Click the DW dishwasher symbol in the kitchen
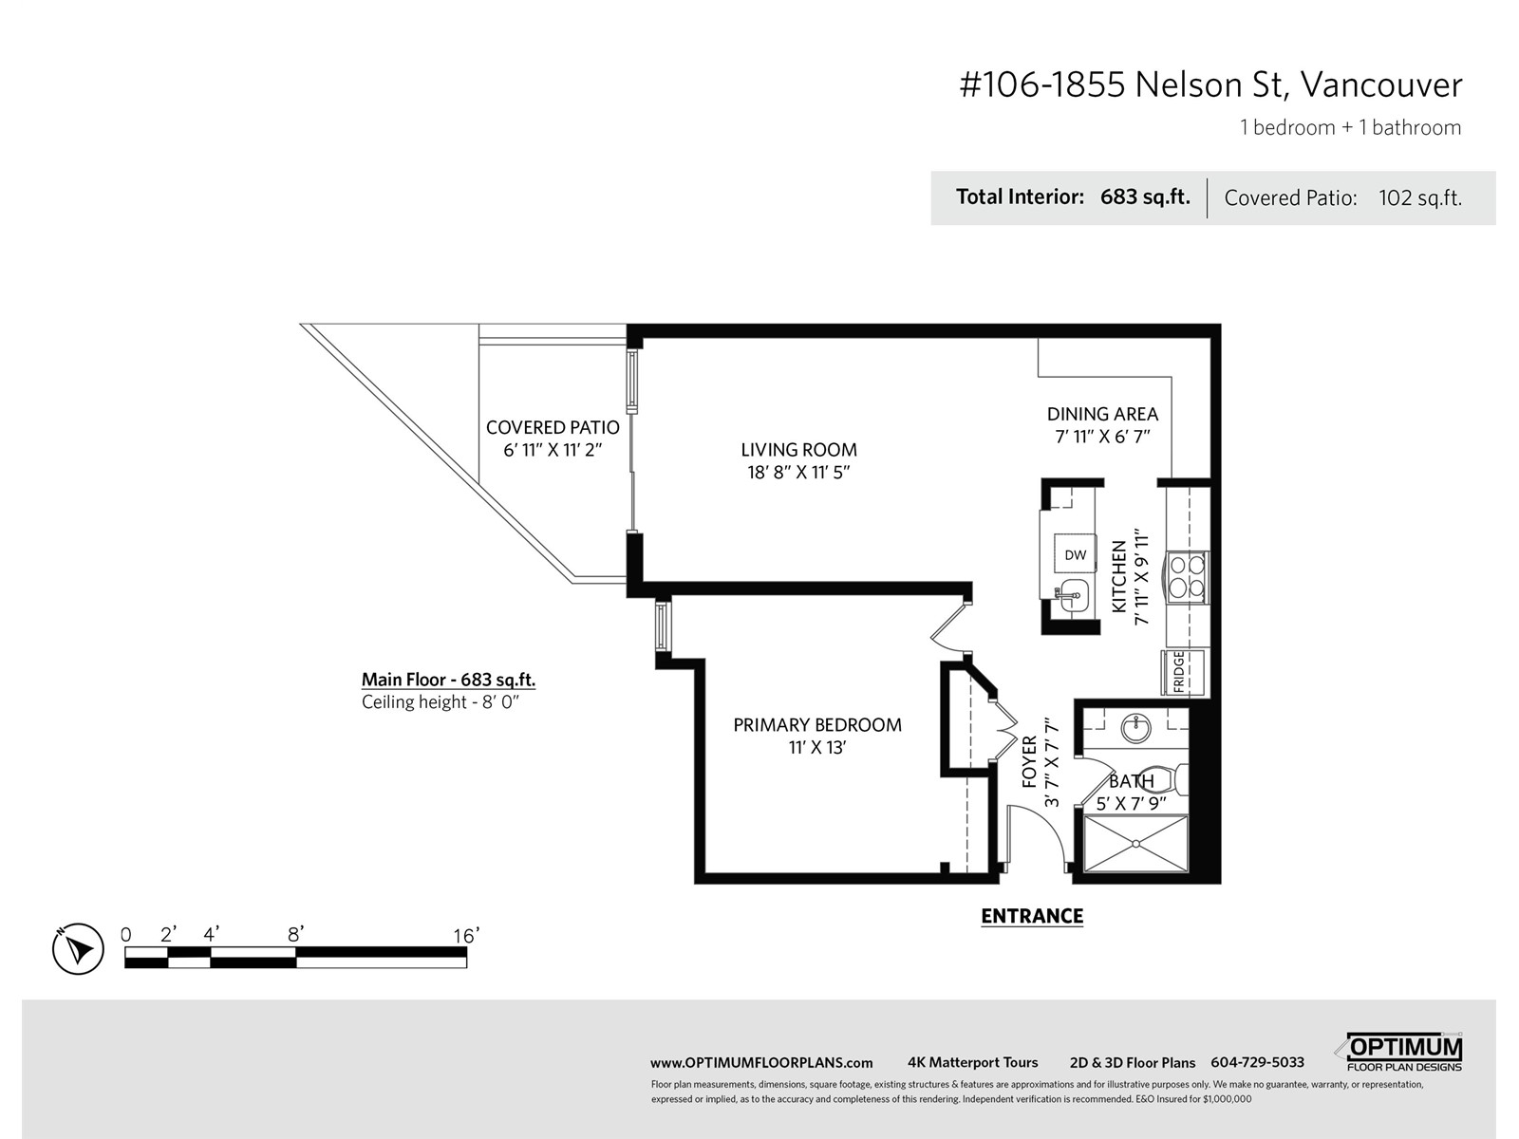coord(1075,554)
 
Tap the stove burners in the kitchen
coord(1188,577)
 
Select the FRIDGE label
coord(1178,672)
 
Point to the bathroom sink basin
coord(1135,727)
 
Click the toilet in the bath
coord(1162,779)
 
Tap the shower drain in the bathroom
coord(1135,843)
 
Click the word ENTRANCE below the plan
coord(1032,916)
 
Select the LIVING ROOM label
coord(798,450)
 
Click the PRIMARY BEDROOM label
coord(817,725)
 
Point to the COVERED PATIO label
coord(553,427)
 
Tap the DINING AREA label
coord(1102,414)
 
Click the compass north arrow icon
coord(78,949)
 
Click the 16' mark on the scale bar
coord(466,936)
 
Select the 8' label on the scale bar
coord(295,934)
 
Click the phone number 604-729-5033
coord(1257,1062)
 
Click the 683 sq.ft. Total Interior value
coord(1145,197)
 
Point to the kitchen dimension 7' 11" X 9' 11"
coord(1141,578)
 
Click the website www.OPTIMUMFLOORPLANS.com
coord(761,1063)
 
